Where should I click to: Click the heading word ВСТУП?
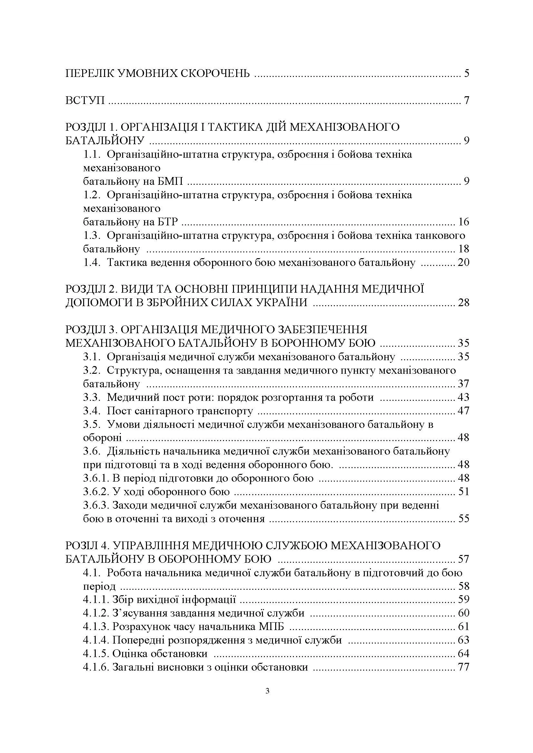[85, 100]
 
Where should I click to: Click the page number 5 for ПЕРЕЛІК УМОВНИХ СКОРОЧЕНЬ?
[466, 73]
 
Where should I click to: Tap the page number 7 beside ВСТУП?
[466, 100]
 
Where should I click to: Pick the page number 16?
[463, 222]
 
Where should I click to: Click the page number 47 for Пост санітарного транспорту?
[463, 411]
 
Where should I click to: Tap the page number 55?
[463, 519]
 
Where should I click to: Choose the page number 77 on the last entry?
[463, 667]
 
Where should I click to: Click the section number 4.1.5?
[96, 654]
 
